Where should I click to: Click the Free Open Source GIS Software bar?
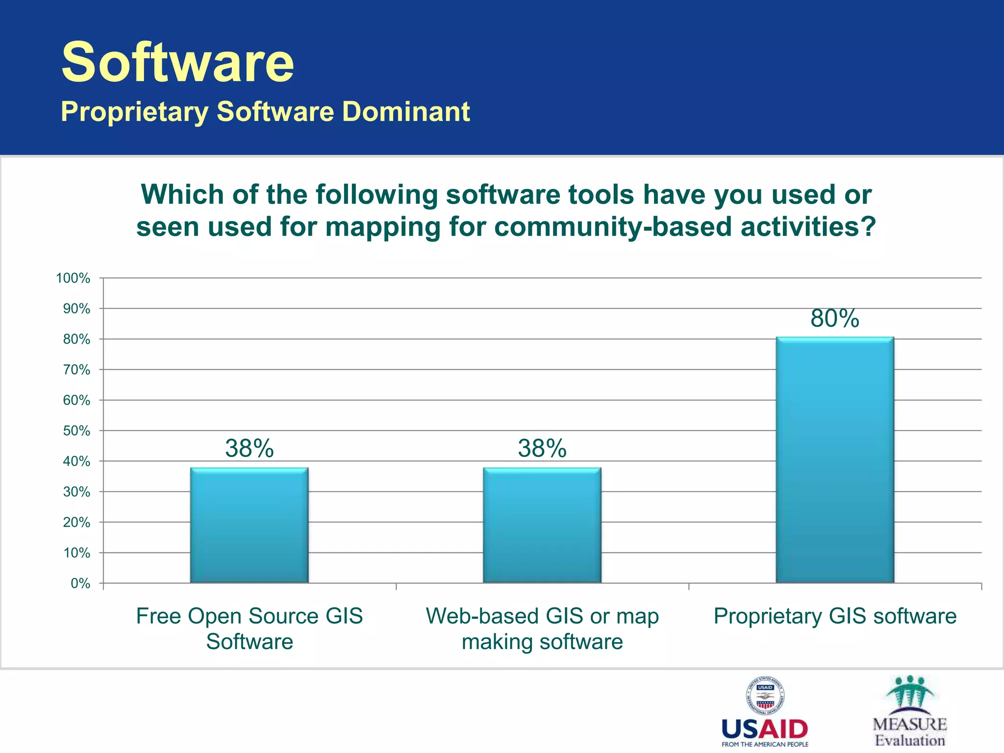point(249,526)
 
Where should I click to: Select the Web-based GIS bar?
point(542,526)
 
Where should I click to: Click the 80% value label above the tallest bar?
point(834,319)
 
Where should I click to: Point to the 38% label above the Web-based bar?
point(542,449)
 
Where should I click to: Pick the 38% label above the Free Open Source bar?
point(249,449)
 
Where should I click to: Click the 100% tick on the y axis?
point(74,278)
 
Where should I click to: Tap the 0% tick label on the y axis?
point(80,583)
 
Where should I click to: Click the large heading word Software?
point(177,62)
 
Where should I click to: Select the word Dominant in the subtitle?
point(406,112)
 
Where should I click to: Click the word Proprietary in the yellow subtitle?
point(135,112)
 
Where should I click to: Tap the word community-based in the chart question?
point(613,227)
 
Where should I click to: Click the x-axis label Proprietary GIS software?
point(834,616)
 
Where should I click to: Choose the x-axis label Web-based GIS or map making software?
point(542,628)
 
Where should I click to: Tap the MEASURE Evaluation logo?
point(910,711)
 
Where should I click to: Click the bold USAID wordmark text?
point(765,730)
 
